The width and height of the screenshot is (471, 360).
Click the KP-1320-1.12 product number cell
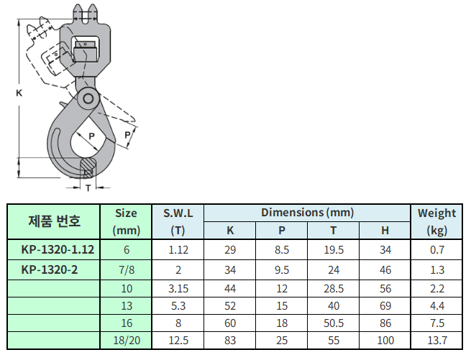click(x=58, y=249)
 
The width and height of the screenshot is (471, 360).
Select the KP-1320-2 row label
click(x=50, y=269)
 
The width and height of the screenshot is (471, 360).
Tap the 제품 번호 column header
click(x=54, y=221)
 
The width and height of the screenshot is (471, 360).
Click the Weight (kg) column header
click(x=436, y=221)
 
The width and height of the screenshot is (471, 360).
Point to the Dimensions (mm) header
click(x=307, y=213)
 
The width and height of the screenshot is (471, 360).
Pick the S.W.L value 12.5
click(x=178, y=340)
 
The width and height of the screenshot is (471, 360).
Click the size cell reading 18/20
click(x=127, y=340)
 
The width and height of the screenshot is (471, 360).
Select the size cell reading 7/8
click(x=127, y=270)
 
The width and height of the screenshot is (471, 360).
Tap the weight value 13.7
click(x=437, y=340)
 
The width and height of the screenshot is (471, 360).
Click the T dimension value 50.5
click(x=334, y=323)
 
